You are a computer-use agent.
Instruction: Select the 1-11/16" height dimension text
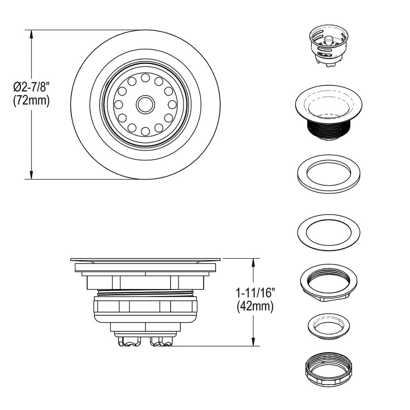(x=255, y=293)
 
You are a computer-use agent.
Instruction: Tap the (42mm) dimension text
(x=255, y=307)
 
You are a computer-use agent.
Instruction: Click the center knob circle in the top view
(x=145, y=105)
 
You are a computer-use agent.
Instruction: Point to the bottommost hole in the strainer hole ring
(x=145, y=131)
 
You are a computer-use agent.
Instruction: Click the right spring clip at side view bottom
(x=162, y=341)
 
